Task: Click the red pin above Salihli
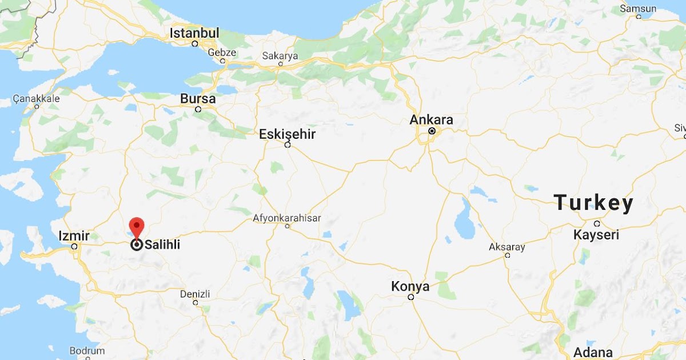136,227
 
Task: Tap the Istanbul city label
194,33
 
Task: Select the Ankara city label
432,120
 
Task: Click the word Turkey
593,203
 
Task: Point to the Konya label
410,286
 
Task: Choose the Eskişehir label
287,134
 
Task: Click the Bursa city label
198,99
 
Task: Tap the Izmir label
74,236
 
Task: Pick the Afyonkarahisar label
287,218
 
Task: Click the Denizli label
195,294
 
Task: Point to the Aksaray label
506,247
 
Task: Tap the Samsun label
638,9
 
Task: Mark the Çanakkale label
36,98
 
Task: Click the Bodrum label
87,351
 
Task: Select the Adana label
593,352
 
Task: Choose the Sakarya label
280,56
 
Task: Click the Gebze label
222,52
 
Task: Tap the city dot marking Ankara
432,131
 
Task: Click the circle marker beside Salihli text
137,245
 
